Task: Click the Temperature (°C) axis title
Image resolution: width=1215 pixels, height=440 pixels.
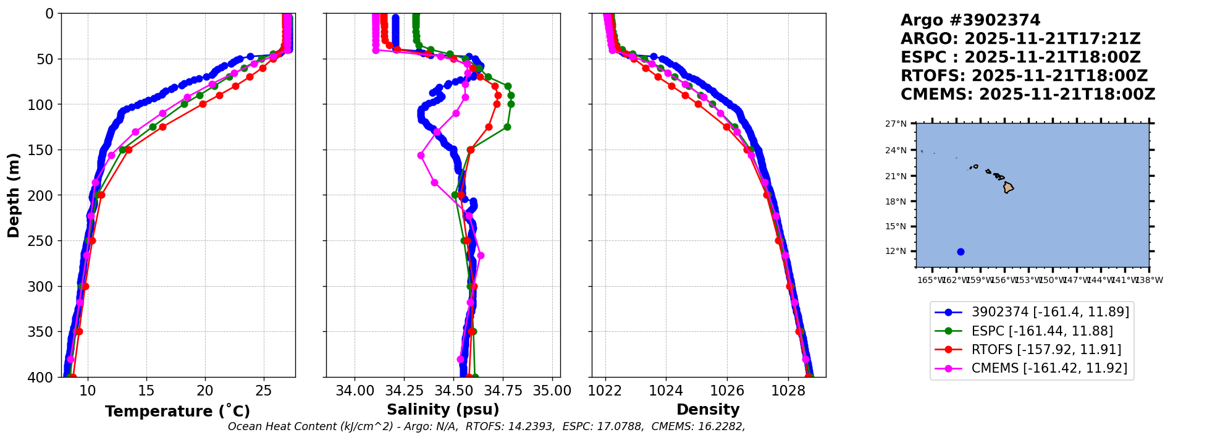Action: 177,412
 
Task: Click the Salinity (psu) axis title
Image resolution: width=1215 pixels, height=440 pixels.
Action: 443,410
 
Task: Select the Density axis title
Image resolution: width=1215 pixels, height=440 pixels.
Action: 708,410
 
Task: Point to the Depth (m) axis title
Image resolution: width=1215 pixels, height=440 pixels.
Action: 14,195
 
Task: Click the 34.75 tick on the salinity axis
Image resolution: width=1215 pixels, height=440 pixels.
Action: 503,391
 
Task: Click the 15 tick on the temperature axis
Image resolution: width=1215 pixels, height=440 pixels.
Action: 146,391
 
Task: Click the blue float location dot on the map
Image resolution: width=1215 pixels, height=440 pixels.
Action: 961,252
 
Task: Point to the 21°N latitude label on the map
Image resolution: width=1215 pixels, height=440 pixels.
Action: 896,176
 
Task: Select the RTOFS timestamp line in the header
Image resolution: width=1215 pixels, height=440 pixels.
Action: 1024,76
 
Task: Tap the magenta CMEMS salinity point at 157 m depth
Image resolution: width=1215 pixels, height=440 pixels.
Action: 421,156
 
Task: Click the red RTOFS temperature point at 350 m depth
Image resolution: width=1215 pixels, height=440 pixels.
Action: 79,332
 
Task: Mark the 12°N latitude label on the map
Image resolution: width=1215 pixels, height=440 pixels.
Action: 896,252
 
